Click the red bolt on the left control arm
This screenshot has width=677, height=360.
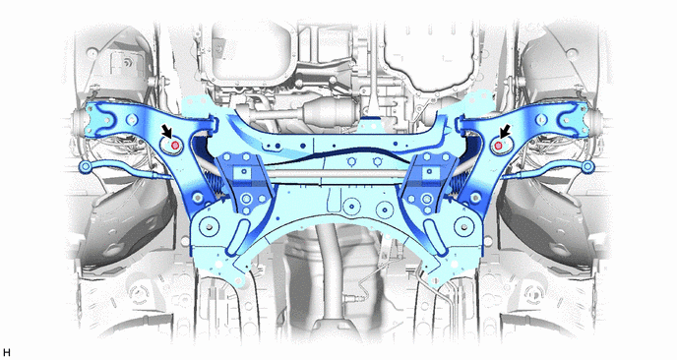175,146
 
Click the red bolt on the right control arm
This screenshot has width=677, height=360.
497,146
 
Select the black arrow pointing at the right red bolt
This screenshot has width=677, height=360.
505,132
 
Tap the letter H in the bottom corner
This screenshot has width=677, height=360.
6,353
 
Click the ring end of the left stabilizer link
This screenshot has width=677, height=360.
85,166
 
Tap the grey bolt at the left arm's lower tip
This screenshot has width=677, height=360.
198,198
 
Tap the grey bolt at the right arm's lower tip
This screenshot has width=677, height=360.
475,198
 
